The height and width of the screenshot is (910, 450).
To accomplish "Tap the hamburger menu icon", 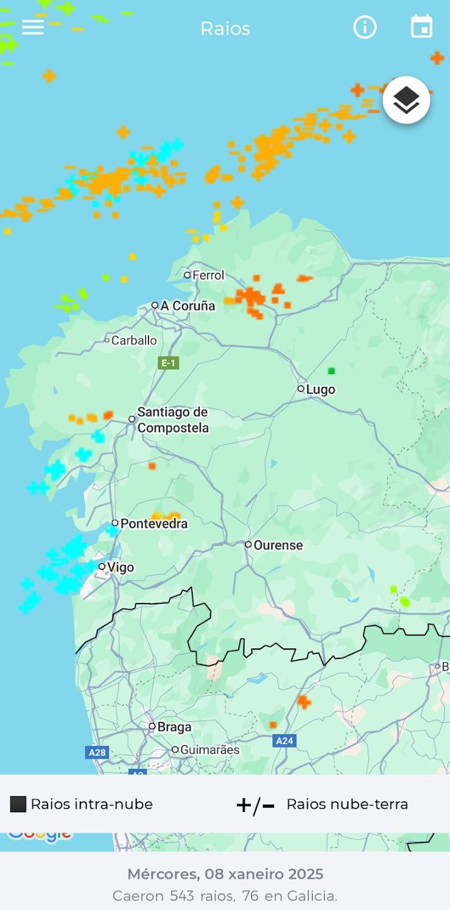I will click(33, 27).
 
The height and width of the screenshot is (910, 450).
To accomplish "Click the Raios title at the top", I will click(225, 28).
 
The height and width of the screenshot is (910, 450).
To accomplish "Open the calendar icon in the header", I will click(422, 27).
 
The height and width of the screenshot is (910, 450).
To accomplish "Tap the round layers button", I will click(406, 100).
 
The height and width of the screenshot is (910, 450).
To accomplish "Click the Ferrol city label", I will click(208, 276).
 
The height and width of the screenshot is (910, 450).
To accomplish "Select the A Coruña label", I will click(188, 306).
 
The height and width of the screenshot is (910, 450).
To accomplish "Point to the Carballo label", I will click(134, 341).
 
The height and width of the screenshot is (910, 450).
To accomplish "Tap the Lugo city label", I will click(320, 390).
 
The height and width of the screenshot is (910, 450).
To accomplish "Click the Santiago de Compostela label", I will click(173, 420).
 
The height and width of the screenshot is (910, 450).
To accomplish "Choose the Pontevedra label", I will click(154, 524).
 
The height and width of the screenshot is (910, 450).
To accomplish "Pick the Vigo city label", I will click(120, 567).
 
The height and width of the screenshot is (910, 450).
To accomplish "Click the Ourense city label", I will click(278, 545).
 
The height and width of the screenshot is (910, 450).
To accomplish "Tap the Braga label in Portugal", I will click(174, 727).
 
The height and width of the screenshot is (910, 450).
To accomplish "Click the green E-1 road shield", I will click(168, 363).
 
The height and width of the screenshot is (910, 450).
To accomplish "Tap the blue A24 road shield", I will click(284, 741).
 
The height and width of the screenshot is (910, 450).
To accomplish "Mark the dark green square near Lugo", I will click(331, 371).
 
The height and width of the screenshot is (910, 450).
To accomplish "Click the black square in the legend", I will click(18, 804).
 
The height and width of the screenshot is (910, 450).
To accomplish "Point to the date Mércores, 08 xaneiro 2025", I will click(225, 874).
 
